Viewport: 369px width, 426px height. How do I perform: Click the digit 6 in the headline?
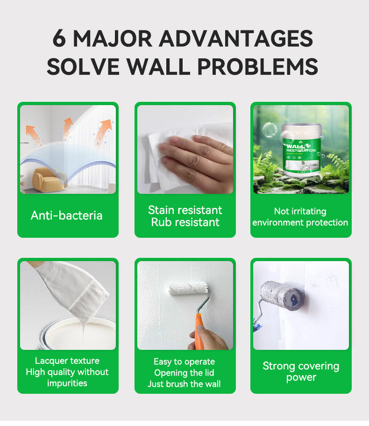[x=59, y=38]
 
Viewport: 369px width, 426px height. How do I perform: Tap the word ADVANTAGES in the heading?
[x=236, y=38]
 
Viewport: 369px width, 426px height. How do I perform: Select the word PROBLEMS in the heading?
[x=257, y=66]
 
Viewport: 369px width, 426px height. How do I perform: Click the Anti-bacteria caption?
[x=67, y=215]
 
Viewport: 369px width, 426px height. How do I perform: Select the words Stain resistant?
[x=185, y=210]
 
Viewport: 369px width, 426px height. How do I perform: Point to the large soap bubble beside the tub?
[x=270, y=129]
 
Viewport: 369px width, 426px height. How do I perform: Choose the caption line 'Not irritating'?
[x=300, y=211]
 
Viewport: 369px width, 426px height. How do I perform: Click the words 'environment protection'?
[x=300, y=222]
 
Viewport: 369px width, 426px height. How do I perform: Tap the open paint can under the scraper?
[x=77, y=334]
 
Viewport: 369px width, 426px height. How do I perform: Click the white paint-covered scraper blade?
[x=74, y=288]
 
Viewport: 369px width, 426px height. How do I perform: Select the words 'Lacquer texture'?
[x=67, y=361]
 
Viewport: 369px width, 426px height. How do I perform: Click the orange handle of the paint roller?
[x=199, y=331]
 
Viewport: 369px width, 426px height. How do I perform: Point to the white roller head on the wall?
[x=187, y=289]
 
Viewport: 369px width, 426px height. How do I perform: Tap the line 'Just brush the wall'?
[x=184, y=384]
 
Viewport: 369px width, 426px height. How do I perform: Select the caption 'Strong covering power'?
[x=301, y=371]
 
